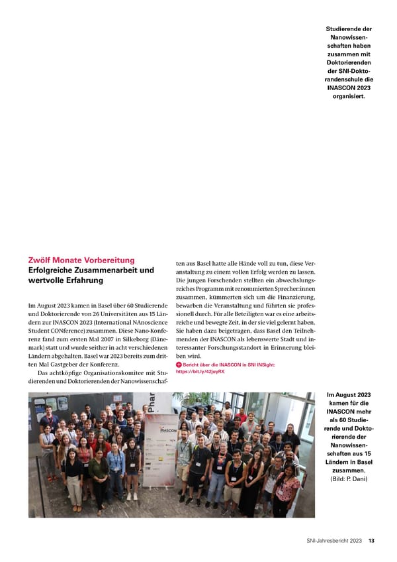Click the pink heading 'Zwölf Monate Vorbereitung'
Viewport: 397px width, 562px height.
(81, 260)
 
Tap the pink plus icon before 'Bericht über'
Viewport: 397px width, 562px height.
(179, 365)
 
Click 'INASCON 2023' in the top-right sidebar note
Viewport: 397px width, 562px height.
(349, 87)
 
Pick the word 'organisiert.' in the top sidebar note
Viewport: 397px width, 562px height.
(349, 97)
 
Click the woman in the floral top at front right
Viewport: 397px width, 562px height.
(287, 488)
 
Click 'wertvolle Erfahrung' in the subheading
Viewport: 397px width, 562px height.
(66, 280)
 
